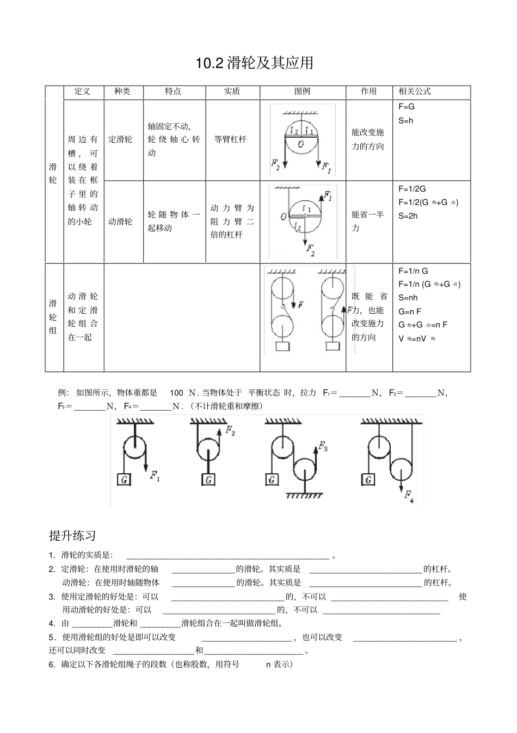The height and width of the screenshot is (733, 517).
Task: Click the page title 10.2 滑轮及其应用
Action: (x=255, y=63)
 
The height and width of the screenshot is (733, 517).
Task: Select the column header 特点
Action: (x=173, y=91)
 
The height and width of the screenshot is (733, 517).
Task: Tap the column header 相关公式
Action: (x=415, y=91)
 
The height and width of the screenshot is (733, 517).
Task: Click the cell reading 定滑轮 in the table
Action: (x=120, y=139)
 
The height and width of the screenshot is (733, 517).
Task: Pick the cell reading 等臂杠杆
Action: (x=230, y=139)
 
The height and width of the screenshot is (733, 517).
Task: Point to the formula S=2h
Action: (x=408, y=216)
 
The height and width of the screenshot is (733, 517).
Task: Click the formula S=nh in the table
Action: (x=408, y=298)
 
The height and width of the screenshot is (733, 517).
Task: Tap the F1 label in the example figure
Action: (x=155, y=477)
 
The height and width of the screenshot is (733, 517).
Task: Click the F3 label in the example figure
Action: (x=323, y=446)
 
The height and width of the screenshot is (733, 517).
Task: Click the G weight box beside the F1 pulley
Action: (x=125, y=480)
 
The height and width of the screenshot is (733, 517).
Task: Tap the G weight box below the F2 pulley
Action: (x=208, y=480)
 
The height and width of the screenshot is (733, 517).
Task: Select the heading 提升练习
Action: (x=72, y=536)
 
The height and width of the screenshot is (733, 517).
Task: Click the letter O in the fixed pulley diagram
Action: (x=301, y=144)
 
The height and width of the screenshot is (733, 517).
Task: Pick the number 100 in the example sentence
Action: (x=176, y=393)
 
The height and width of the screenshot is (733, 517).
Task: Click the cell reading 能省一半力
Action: (x=368, y=221)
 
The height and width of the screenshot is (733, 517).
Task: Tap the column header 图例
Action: (x=302, y=91)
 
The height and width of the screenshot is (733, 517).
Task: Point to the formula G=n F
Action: (x=410, y=311)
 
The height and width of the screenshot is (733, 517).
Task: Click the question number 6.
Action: (x=52, y=664)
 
